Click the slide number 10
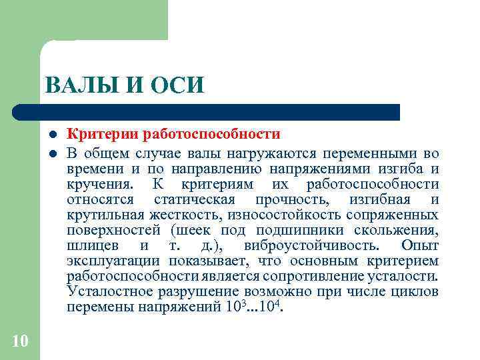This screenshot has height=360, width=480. [20, 341]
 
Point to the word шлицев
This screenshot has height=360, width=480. [87, 245]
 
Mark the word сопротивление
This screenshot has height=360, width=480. [303, 276]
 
